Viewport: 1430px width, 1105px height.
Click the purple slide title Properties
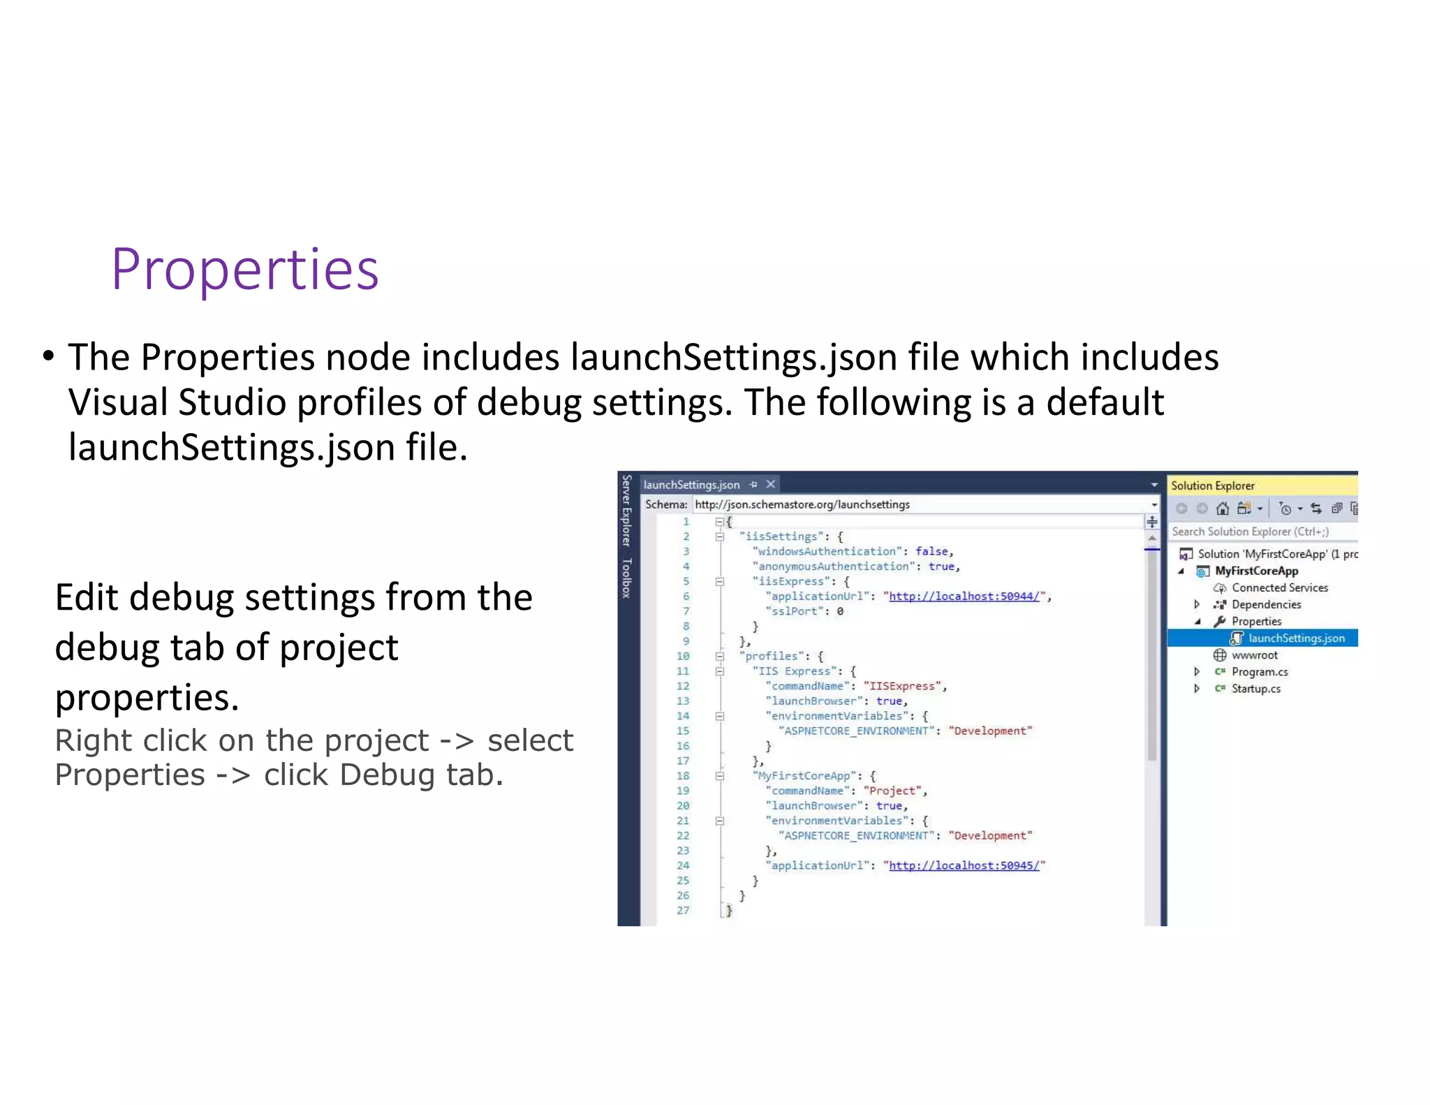pos(244,269)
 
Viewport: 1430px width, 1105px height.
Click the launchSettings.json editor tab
pos(691,485)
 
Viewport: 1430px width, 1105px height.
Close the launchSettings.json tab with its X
pos(771,484)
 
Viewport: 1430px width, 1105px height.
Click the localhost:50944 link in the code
pos(964,597)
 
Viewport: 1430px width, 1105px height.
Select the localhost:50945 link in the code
pos(964,865)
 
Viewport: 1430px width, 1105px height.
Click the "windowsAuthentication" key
pos(826,552)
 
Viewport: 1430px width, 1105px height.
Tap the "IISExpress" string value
pos(901,687)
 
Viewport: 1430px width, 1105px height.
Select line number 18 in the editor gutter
pos(683,776)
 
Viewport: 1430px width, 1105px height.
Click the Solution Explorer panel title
pos(1212,485)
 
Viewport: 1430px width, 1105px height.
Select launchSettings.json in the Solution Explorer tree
pos(1296,638)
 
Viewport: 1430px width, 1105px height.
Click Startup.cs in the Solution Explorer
pos(1255,689)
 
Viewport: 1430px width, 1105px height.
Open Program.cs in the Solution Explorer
pos(1259,672)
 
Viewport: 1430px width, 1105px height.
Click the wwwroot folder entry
pos(1254,655)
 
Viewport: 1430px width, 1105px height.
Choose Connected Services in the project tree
pos(1279,588)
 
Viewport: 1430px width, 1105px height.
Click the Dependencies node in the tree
pos(1266,605)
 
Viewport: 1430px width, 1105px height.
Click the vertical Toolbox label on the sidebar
pos(626,578)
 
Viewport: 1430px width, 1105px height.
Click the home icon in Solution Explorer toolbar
pos(1222,508)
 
